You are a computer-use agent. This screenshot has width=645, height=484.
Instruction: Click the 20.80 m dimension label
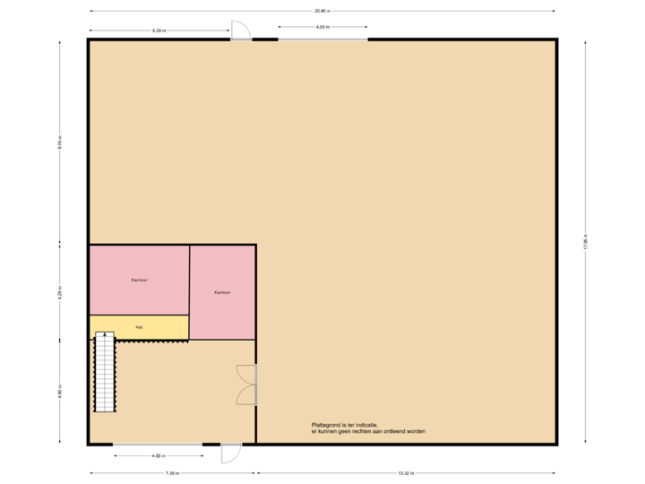[x=322, y=11]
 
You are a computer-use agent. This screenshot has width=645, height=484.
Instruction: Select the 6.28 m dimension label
[x=159, y=30]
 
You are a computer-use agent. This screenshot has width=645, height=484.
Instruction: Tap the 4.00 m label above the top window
[x=322, y=27]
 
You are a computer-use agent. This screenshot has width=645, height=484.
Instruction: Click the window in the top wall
[x=322, y=39]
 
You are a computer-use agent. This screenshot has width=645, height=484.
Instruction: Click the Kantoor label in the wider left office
[x=139, y=281]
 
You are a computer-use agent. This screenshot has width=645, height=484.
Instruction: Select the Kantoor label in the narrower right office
[x=222, y=293]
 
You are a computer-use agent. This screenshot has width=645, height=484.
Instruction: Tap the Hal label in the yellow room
[x=139, y=327]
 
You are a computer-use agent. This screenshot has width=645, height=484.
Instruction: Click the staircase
[x=105, y=371]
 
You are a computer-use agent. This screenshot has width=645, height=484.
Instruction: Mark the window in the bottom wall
[x=157, y=445]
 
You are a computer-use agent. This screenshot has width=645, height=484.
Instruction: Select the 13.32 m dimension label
[x=406, y=472]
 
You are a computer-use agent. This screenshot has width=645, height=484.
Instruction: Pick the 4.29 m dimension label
[x=60, y=293]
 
